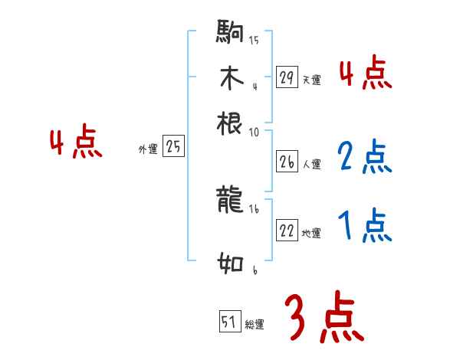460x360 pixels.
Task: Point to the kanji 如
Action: [x=231, y=265]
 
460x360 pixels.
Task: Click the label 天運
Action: [x=311, y=80]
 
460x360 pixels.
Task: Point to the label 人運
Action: [x=311, y=164]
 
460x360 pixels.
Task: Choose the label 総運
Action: [x=255, y=325]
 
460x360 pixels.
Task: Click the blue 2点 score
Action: [x=365, y=157]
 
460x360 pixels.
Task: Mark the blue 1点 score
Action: [x=365, y=226]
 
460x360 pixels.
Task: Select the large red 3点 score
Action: [x=324, y=317]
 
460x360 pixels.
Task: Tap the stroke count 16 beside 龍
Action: [x=254, y=208]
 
